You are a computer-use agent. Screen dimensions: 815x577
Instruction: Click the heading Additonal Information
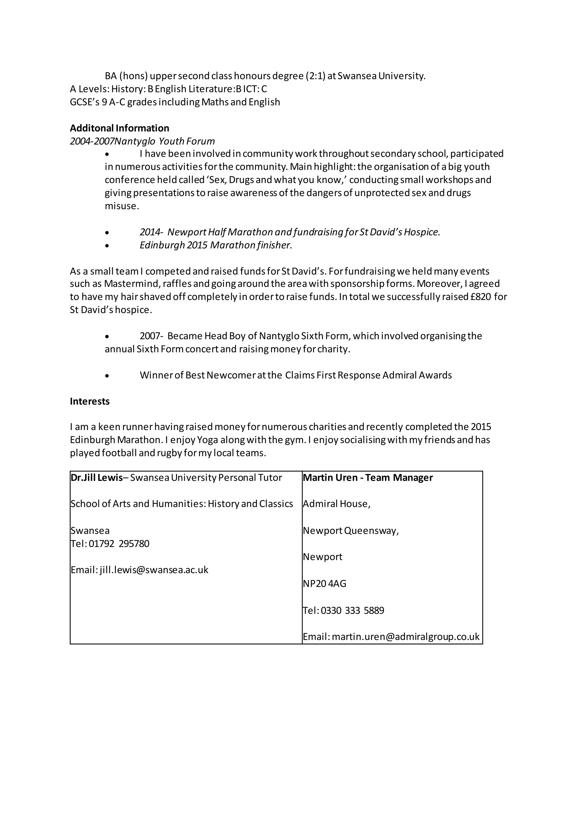[119, 128]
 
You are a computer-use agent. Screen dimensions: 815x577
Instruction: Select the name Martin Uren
[330, 478]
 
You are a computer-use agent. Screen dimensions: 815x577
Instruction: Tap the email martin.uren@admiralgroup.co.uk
[405, 637]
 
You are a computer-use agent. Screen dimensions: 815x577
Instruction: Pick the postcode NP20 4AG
[324, 584]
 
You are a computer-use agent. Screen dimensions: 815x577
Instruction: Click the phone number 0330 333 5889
[352, 610]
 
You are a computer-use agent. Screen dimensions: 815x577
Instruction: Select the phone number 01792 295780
[119, 543]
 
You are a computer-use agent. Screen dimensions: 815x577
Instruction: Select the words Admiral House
[336, 504]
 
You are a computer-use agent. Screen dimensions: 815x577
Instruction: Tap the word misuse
[121, 206]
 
